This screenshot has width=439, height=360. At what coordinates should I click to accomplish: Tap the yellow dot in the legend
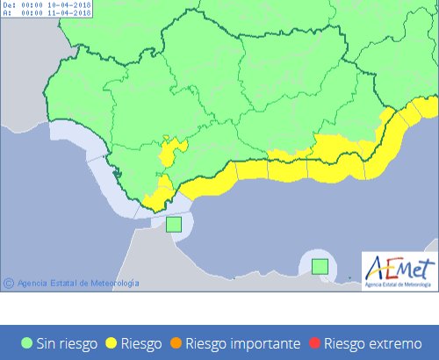tap(112, 343)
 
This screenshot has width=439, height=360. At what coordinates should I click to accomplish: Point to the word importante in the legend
tap(264, 343)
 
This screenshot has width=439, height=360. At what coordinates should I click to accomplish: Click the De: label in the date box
tap(9, 5)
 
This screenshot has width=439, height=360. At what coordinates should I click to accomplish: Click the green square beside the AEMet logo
tap(320, 265)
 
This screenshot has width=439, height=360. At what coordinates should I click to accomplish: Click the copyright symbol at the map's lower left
tap(9, 283)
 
